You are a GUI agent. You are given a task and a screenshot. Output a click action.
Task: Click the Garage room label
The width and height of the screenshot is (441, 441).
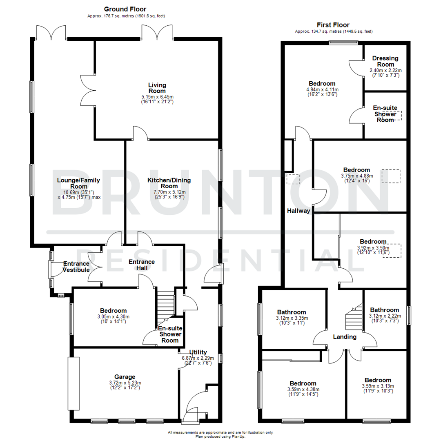(x=125, y=377)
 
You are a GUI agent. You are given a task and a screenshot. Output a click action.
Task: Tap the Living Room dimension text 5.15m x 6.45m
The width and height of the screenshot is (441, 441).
(x=157, y=97)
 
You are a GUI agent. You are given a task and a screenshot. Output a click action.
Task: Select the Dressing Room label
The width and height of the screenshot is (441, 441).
(x=385, y=61)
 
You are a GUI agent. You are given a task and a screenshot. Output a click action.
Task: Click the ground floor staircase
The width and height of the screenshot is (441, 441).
(x=165, y=304)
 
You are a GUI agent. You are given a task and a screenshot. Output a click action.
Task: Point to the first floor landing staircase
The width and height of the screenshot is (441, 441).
(x=354, y=317)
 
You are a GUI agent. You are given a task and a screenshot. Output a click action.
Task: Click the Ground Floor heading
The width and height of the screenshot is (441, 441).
(x=125, y=9)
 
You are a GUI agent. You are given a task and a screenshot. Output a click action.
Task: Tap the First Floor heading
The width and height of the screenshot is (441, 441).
(x=334, y=25)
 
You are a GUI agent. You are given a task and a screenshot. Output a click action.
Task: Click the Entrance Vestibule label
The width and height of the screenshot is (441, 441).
(x=76, y=267)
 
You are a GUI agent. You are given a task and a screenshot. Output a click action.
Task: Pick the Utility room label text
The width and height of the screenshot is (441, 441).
(x=198, y=352)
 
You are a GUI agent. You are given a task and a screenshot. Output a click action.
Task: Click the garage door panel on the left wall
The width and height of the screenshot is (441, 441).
(x=73, y=383)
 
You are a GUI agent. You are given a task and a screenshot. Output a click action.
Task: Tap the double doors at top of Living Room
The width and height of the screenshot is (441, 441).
(x=157, y=32)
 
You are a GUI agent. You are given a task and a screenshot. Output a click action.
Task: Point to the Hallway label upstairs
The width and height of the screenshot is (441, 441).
(x=298, y=211)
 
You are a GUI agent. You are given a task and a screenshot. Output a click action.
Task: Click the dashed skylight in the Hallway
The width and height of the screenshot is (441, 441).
(x=293, y=179)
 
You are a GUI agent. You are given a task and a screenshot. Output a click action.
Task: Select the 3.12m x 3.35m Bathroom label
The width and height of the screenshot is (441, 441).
(x=292, y=312)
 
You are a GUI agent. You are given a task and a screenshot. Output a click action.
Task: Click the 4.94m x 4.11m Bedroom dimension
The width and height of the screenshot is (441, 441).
(x=322, y=89)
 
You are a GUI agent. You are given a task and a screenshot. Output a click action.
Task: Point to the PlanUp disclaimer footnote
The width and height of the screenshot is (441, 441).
(x=220, y=434)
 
